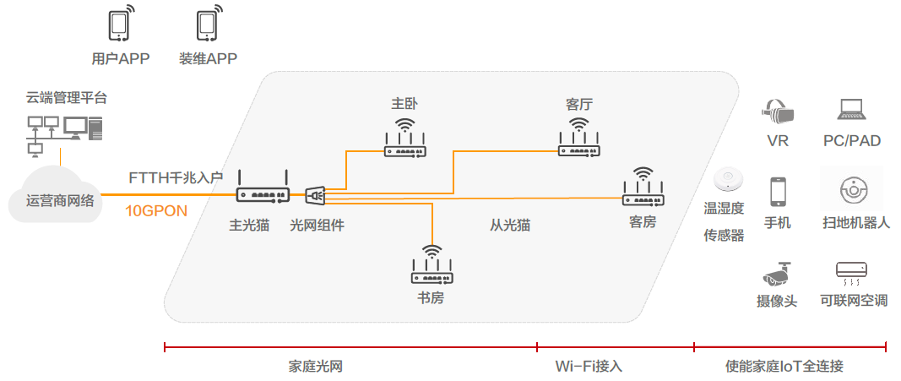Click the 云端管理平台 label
coord(67,98)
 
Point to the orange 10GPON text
coord(156,211)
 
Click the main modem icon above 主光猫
coord(263,191)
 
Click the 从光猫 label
coord(510,226)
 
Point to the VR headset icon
coord(778,110)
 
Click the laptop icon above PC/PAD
coord(851,110)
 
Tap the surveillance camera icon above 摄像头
coord(777,273)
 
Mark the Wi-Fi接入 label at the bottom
coord(589,367)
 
